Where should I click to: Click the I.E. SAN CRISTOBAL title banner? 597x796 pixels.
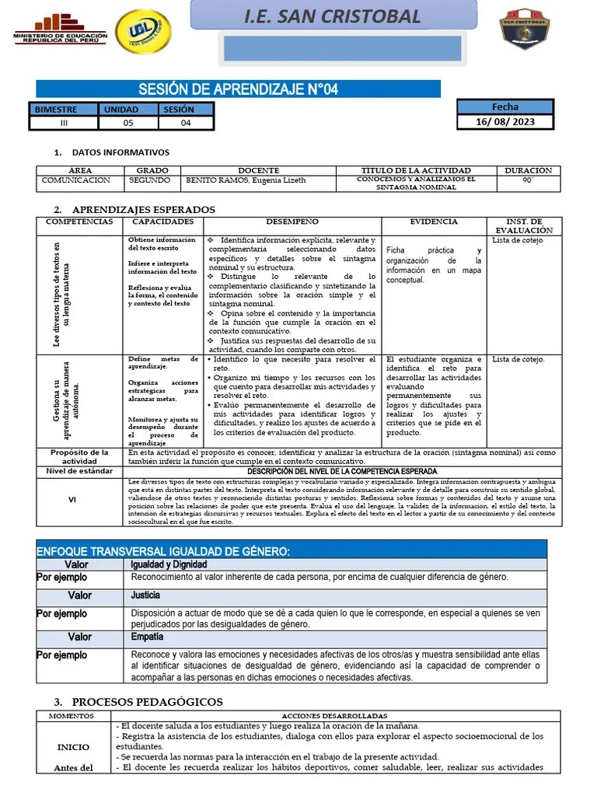click(332, 16)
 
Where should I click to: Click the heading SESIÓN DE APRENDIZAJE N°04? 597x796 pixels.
click(238, 89)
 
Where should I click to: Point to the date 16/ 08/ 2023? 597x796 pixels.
click(504, 122)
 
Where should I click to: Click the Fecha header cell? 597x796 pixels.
click(504, 107)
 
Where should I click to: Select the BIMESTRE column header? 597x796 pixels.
click(65, 110)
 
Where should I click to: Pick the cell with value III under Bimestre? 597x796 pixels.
click(65, 123)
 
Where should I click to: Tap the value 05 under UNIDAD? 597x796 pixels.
click(128, 123)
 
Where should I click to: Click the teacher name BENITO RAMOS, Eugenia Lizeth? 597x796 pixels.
click(246, 180)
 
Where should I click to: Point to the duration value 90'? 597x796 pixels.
click(528, 180)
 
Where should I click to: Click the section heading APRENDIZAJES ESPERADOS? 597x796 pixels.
click(143, 210)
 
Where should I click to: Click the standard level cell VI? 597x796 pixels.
click(72, 501)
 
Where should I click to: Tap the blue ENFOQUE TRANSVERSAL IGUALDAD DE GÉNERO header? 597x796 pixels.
click(163, 551)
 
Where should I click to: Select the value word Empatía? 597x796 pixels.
click(148, 637)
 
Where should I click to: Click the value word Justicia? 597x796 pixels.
click(146, 595)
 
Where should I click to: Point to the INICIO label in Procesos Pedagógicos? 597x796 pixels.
click(73, 747)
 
